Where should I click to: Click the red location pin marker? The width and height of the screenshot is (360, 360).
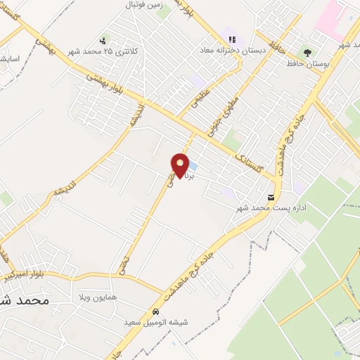click(x=181, y=165)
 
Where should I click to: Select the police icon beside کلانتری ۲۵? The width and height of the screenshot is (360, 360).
click(x=104, y=40)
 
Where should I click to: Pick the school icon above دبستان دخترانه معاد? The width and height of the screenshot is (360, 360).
click(x=233, y=39)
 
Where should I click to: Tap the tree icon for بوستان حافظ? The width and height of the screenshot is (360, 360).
click(x=307, y=53)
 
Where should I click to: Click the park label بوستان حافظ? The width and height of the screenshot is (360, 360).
click(x=307, y=64)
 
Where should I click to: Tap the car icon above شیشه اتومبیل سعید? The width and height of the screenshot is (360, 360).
click(x=156, y=311)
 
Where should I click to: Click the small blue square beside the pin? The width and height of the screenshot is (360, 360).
click(x=193, y=166)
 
